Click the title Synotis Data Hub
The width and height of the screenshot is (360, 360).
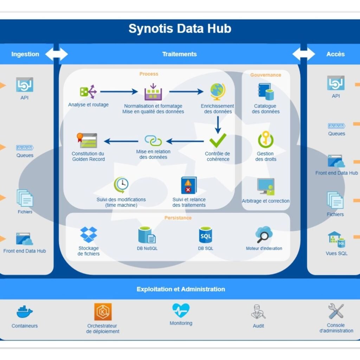[x=180, y=28]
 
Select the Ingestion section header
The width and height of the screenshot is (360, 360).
[x=25, y=54]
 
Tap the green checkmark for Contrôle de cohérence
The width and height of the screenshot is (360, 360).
[x=218, y=141]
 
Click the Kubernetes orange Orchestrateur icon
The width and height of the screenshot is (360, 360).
[x=103, y=311]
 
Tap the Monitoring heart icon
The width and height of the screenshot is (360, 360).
[x=181, y=310]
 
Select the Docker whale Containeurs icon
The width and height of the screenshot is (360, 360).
[x=25, y=312]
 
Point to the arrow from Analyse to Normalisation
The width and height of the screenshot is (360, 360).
[x=119, y=92]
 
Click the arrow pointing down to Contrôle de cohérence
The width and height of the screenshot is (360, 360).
[x=218, y=124]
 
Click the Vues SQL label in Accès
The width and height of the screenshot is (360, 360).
[x=336, y=253]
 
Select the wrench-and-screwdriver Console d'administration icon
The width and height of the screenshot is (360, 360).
[x=336, y=311]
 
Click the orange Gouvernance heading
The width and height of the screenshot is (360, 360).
[x=265, y=75]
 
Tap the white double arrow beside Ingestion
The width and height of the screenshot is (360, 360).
[x=56, y=54]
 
